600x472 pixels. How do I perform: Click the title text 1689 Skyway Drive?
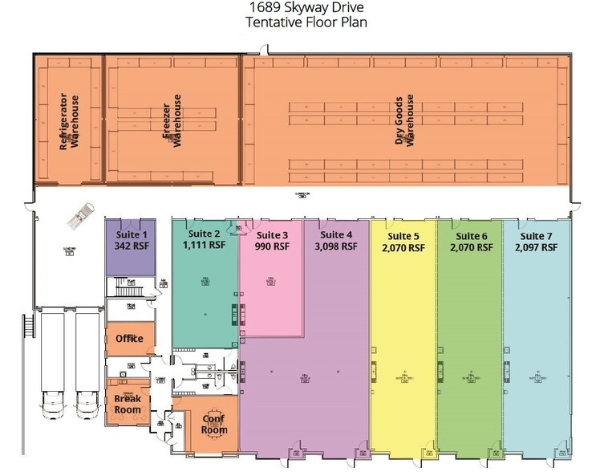coord(300,9)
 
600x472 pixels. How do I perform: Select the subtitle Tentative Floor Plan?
coord(300,22)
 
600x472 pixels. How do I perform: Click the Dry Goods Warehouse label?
coord(405,120)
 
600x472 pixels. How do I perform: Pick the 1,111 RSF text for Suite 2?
coord(205,246)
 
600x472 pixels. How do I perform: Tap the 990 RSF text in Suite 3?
coord(271,248)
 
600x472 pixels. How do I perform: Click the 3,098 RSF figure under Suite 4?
coord(337,248)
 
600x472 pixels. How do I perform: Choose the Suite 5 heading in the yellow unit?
coord(403,236)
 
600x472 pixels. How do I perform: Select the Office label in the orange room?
coord(129,339)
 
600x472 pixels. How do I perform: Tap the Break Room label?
coord(128,404)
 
